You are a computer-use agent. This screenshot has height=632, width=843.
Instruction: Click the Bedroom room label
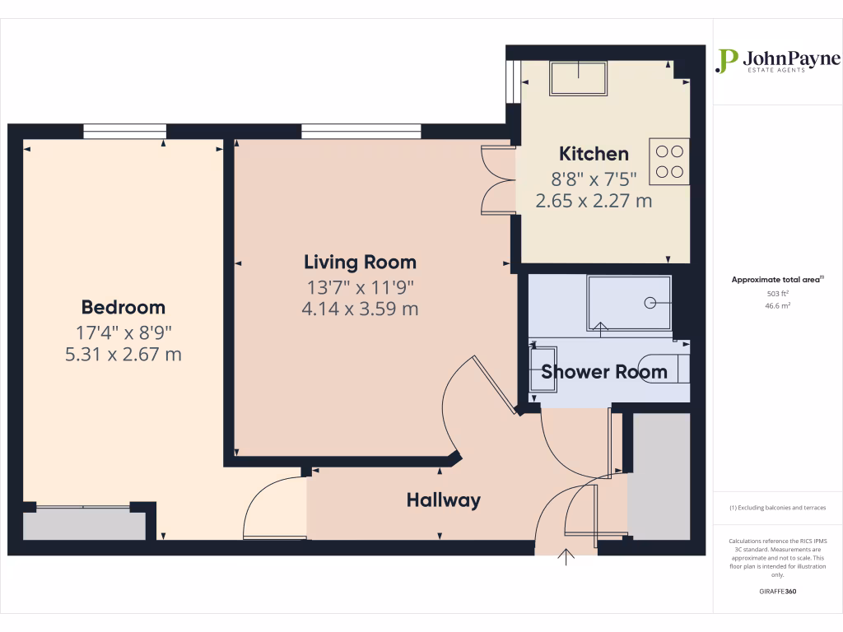123,308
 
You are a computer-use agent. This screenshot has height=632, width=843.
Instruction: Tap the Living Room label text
360,263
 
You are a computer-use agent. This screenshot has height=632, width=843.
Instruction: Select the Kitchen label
594,154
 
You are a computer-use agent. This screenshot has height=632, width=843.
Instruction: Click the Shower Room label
603,372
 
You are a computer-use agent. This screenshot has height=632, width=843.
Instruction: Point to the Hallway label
443,500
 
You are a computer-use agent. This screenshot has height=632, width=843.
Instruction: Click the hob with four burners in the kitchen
668,161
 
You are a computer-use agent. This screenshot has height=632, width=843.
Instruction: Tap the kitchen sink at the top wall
578,78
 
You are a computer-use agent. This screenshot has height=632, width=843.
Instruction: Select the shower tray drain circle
650,302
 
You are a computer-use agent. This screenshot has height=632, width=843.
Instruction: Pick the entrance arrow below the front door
566,557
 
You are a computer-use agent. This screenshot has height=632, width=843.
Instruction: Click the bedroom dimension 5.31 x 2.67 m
123,355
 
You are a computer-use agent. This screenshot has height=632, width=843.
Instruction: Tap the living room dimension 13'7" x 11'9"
360,288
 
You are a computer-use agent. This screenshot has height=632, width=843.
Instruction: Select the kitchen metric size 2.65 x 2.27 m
594,200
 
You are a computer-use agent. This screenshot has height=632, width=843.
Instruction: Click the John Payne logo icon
726,60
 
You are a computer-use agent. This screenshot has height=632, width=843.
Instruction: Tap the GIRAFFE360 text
778,592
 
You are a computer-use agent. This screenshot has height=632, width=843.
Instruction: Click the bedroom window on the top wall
124,131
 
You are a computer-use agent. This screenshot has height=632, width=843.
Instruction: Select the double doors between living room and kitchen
498,179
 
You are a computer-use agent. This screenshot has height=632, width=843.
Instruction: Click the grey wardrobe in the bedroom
84,524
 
